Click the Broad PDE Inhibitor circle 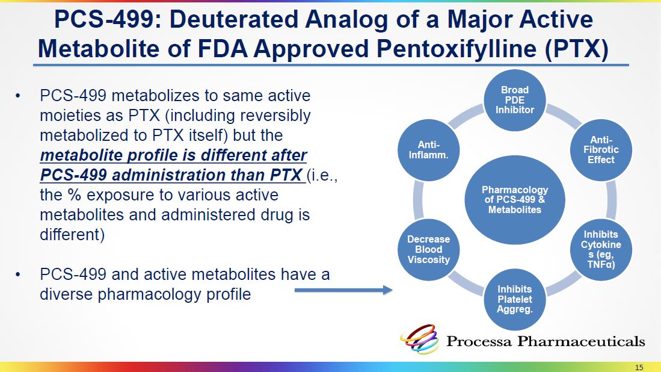coord(515,101)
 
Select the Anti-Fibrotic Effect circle coord(601,150)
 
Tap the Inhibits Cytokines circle coord(601,250)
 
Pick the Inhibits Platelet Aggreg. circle coord(515,299)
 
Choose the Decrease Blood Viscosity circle coord(429,250)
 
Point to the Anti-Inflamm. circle coord(429,150)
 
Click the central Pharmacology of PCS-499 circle coord(515,200)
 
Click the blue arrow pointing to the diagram coord(343,290)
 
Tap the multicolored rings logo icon coord(420,339)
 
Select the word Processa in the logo coord(479,341)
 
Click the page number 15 coord(639,367)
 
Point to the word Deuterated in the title coord(229,19)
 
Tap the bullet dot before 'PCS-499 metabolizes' coord(17,96)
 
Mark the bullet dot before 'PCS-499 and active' coord(17,275)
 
